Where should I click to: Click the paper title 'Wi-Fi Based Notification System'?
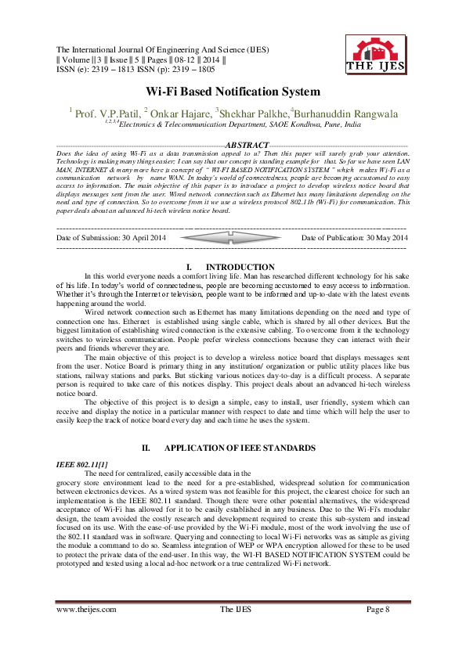tap(233, 92)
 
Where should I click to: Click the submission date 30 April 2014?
tap(147, 237)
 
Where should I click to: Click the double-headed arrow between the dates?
tap(234, 237)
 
